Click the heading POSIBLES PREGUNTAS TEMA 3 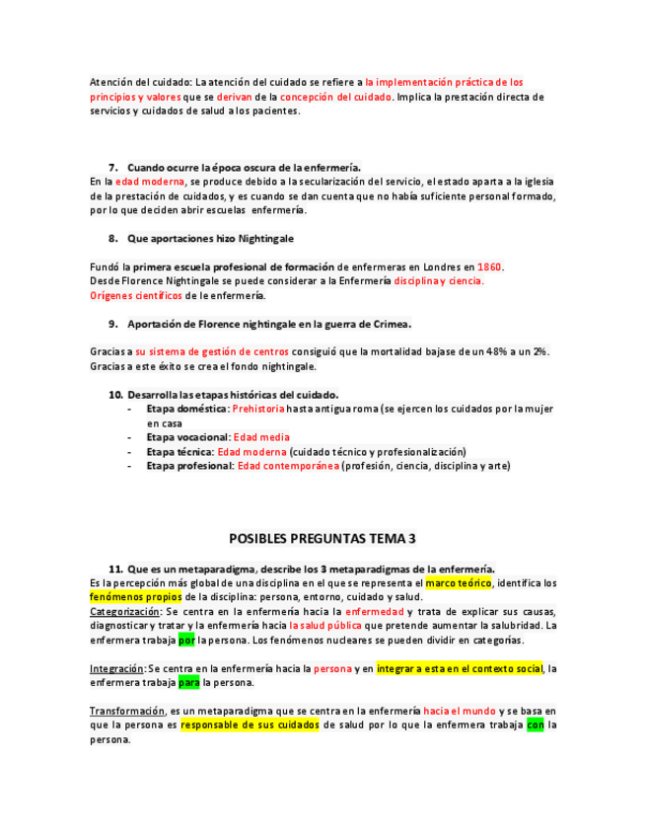click(x=323, y=539)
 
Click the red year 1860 click(x=490, y=266)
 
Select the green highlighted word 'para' click(x=188, y=682)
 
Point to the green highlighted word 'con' click(x=535, y=724)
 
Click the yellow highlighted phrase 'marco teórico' click(x=458, y=582)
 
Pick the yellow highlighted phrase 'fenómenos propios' click(x=135, y=597)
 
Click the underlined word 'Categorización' click(x=119, y=612)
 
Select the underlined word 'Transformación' click(x=126, y=711)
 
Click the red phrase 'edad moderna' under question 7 click(x=150, y=182)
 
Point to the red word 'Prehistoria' click(x=258, y=409)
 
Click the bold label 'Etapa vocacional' click(x=187, y=437)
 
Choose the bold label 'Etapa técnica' click(x=179, y=452)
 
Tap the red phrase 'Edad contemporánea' click(x=288, y=466)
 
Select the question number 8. click(x=113, y=238)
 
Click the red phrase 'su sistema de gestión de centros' click(x=212, y=352)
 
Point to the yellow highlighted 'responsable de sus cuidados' click(x=250, y=724)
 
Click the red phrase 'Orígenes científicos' click(x=136, y=295)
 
